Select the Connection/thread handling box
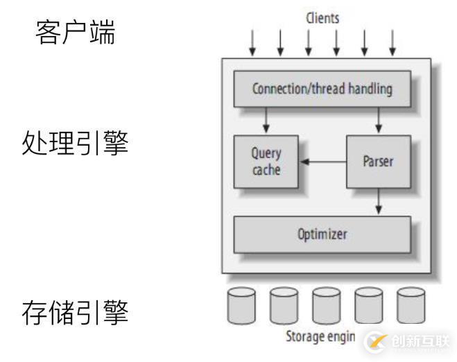(322, 89)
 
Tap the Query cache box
(266, 161)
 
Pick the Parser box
(378, 161)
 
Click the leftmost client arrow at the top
(252, 42)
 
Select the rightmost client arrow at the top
(393, 42)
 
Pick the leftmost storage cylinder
(241, 306)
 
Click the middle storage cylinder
(326, 306)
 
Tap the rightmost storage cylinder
(411, 306)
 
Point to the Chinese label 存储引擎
(75, 312)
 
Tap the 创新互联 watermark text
(420, 340)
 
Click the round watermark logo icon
(377, 340)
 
